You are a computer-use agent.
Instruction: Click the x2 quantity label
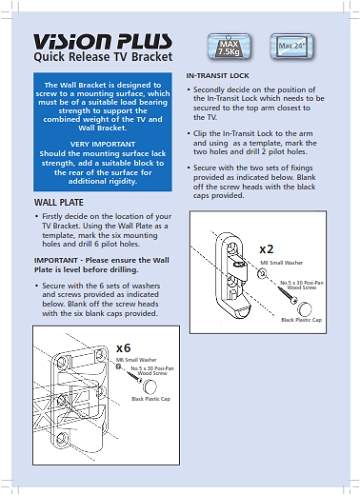(x=267, y=249)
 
